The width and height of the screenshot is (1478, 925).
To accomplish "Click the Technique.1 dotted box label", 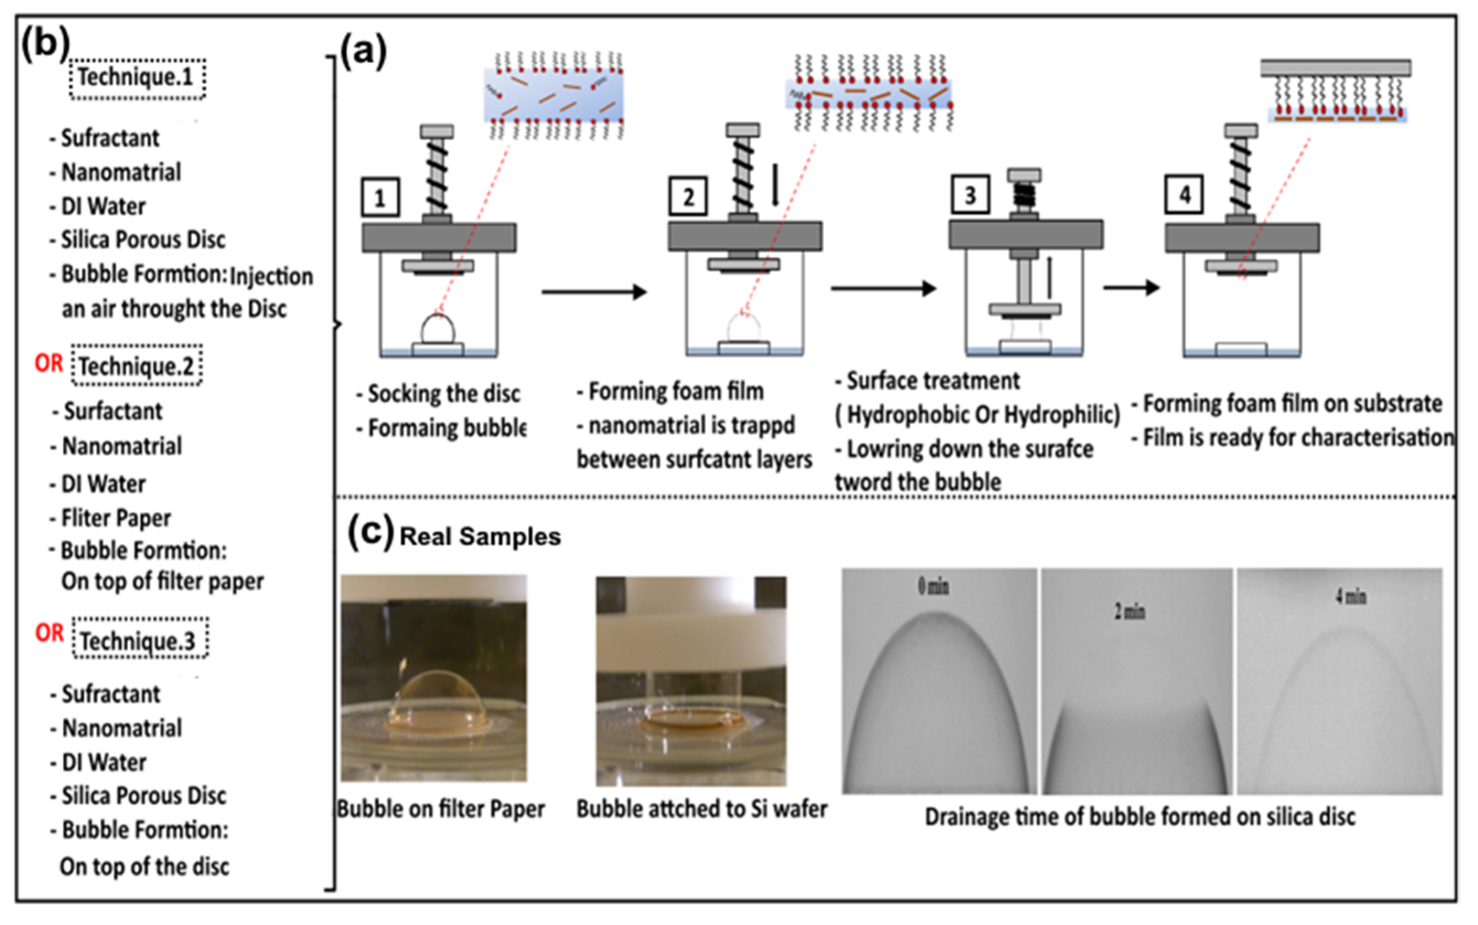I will pyautogui.click(x=136, y=78).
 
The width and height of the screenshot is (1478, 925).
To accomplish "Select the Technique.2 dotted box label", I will pyautogui.click(x=136, y=366).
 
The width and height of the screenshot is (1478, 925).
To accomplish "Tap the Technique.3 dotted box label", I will pyautogui.click(x=139, y=640).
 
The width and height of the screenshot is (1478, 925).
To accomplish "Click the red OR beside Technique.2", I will pyautogui.click(x=49, y=363).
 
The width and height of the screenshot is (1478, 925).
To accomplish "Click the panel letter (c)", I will pyautogui.click(x=370, y=531).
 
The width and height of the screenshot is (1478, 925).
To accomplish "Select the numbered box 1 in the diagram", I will pyautogui.click(x=380, y=197).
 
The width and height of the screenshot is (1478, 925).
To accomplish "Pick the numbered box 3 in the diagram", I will pyautogui.click(x=970, y=195).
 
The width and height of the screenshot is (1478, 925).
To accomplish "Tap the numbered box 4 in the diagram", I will pyautogui.click(x=1184, y=195).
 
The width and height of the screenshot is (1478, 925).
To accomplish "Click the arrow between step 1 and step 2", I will pyautogui.click(x=593, y=292).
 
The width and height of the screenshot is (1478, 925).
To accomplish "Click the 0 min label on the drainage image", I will pyautogui.click(x=933, y=587).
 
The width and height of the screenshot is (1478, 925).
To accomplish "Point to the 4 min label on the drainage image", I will pyautogui.click(x=1350, y=596).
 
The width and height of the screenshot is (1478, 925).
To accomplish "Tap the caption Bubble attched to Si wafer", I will pyautogui.click(x=702, y=809).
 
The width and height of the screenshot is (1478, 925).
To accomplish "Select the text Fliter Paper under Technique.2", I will pyautogui.click(x=116, y=518).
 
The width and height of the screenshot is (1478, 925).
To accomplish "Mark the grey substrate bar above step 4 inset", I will pyautogui.click(x=1335, y=68).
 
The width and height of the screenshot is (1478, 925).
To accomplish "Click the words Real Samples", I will pyautogui.click(x=480, y=536).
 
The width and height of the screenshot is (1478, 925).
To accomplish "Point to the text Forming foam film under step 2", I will pyautogui.click(x=676, y=391).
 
